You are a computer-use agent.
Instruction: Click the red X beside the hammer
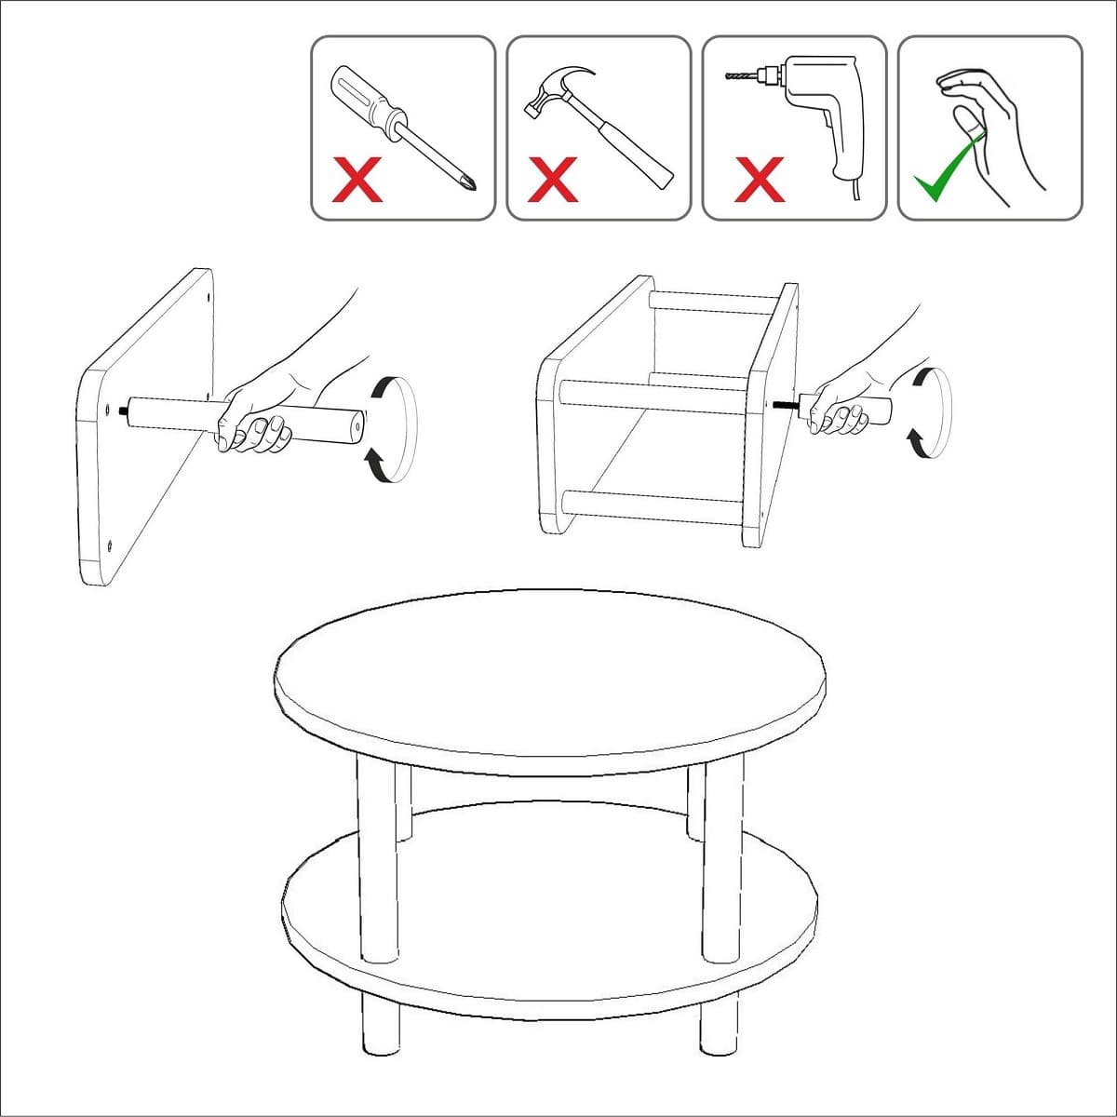coord(552,180)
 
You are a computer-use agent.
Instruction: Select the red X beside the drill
coord(759,180)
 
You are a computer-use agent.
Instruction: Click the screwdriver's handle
coord(367,98)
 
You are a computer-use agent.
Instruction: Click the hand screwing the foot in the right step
coord(842,410)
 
